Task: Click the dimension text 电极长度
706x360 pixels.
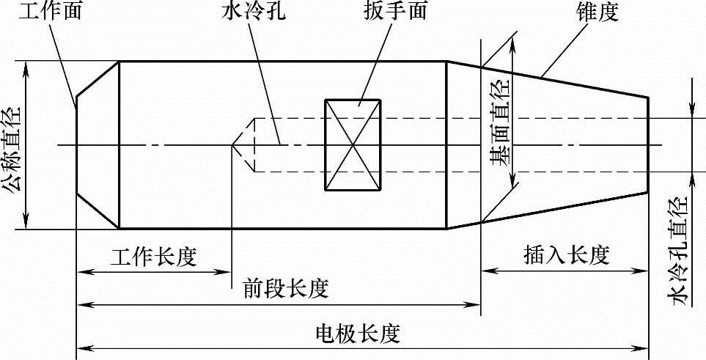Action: pos(357,334)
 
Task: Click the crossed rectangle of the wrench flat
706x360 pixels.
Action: pos(353,144)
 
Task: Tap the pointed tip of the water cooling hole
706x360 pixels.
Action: pos(234,144)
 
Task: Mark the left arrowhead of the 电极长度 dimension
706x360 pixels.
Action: pos(83,346)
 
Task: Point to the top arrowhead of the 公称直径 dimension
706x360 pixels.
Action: pos(27,66)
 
